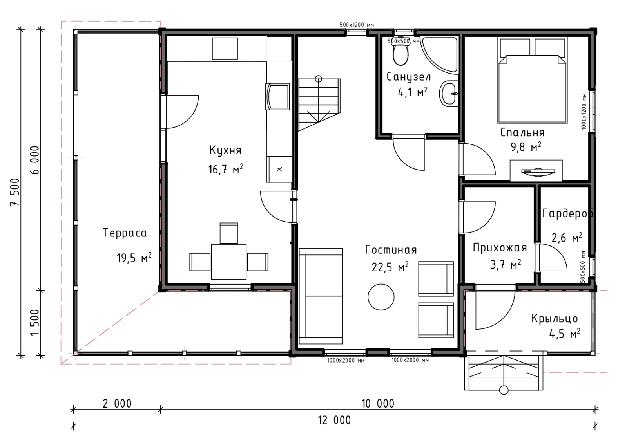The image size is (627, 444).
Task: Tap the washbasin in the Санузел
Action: [449, 94]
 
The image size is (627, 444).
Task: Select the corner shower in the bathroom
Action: [439, 55]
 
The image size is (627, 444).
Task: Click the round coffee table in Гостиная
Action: [381, 297]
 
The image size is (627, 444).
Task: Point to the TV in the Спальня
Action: [538, 171]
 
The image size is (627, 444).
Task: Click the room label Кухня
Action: [225, 150]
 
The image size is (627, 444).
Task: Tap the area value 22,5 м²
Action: [390, 267]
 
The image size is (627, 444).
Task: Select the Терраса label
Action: [125, 233]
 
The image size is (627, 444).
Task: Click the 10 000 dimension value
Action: [378, 404]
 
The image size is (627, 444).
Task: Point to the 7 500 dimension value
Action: [15, 192]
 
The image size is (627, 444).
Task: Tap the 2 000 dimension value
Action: [117, 404]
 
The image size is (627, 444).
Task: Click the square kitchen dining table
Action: [229, 262]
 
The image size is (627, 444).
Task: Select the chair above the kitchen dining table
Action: [229, 233]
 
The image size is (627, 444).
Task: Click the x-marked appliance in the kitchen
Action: [279, 169]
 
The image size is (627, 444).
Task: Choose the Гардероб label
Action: [568, 213]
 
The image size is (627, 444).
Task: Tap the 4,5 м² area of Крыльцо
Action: [565, 334]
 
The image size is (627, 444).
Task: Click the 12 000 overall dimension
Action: [334, 420]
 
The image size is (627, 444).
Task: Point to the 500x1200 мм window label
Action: [357, 25]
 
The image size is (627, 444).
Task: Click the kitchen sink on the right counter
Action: [278, 97]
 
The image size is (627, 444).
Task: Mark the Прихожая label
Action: [500, 248]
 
